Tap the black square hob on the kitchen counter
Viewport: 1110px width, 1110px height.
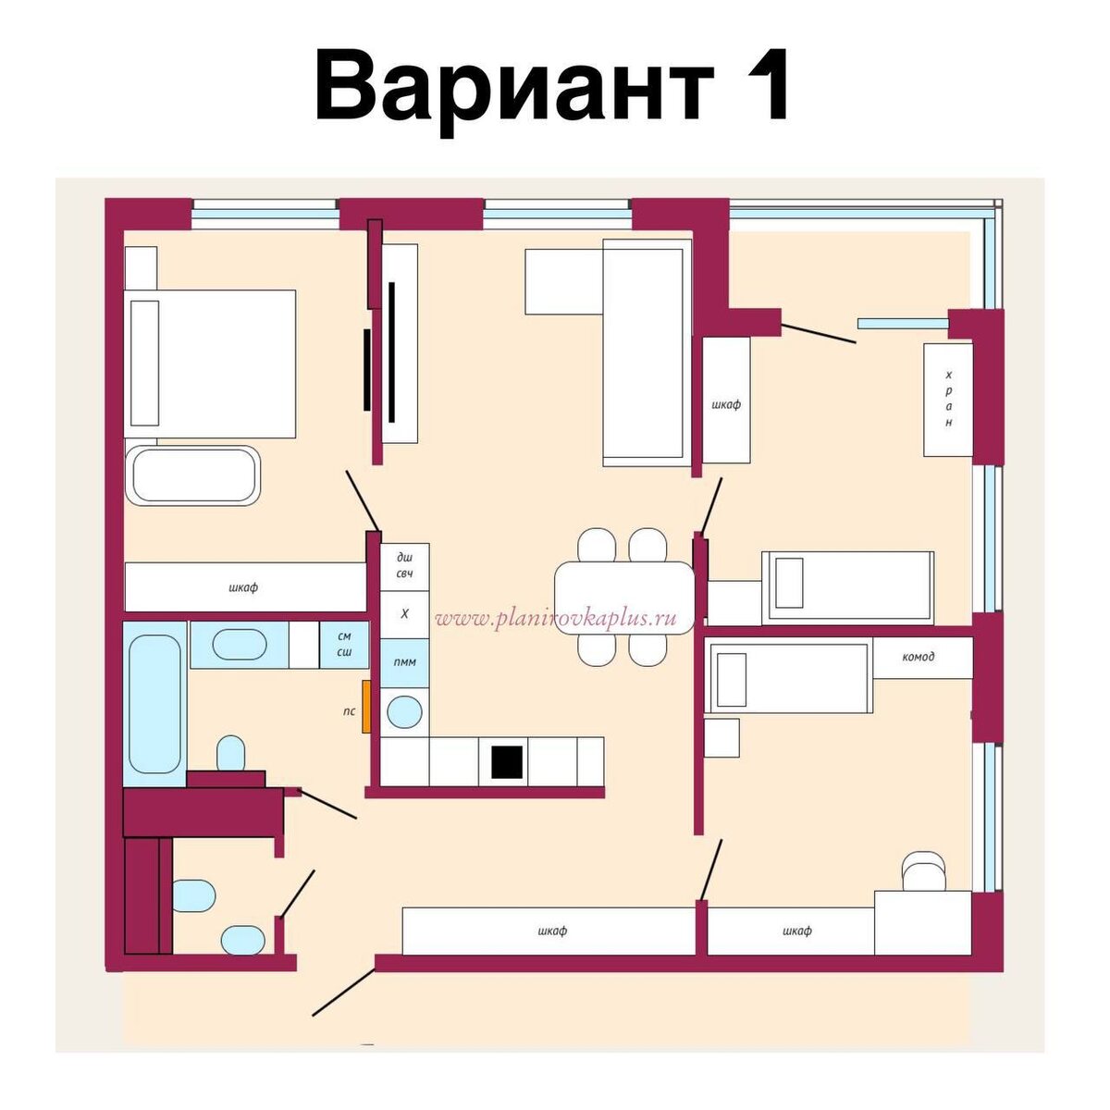[507, 761]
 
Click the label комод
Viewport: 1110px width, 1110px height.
[918, 657]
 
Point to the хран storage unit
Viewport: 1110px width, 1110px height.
[948, 399]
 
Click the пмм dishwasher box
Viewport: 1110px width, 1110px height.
[404, 662]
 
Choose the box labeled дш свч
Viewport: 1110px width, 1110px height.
[404, 565]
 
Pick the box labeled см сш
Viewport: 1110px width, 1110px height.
[344, 644]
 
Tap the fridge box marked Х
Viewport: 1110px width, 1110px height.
[404, 613]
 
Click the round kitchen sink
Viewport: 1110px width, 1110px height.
[404, 711]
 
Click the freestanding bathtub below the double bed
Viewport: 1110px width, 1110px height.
[194, 475]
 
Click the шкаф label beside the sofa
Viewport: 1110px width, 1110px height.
[726, 404]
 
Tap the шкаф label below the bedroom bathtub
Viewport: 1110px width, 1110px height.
[243, 586]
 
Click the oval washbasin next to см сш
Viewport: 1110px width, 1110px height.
[239, 644]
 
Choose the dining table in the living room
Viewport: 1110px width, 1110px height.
[624, 598]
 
